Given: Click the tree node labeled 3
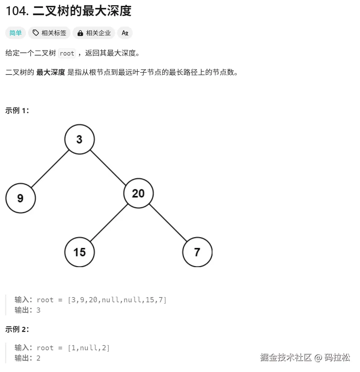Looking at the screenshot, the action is [x=79, y=139].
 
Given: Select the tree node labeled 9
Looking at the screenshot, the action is [x=20, y=198].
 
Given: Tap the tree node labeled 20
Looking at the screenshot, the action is [x=138, y=193].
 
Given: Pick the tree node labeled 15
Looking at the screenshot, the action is [x=79, y=252].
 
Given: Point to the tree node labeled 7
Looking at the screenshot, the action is [x=197, y=252].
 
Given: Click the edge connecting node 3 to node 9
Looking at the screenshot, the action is [x=50, y=169].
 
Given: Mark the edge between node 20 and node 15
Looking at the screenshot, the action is [x=109, y=223].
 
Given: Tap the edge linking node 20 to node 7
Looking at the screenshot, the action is [x=168, y=223].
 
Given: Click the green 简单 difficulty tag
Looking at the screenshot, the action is [x=16, y=33].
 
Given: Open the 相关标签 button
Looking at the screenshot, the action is [x=49, y=33].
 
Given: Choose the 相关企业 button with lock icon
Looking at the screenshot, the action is [x=94, y=33].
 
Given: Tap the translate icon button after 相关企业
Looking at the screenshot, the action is [x=125, y=33].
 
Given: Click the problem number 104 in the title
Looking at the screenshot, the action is [x=17, y=11].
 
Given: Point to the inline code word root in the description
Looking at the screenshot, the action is [x=67, y=53].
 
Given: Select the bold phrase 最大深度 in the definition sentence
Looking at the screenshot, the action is [x=50, y=72].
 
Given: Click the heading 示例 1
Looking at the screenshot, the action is [x=17, y=111].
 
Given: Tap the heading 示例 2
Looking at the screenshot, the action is [x=17, y=329].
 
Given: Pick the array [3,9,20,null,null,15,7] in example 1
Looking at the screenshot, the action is [x=117, y=300].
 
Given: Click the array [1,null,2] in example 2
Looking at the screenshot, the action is [x=89, y=348].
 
